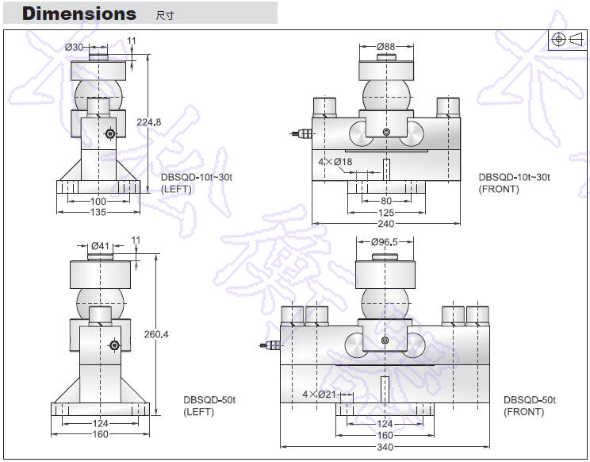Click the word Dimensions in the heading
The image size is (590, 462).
79,13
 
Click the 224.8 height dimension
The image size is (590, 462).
149,121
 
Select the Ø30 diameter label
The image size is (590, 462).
74,48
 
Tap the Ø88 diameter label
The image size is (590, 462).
385,47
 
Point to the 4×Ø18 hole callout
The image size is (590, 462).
335,162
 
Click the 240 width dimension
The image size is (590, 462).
385,223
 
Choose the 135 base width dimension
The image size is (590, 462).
98,212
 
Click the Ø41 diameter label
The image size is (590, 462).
100,245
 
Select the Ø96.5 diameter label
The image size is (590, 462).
385,241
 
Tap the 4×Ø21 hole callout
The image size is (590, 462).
320,395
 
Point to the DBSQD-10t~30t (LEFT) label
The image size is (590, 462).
196,183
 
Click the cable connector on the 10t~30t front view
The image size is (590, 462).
302,134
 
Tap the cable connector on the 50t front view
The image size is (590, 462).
270,345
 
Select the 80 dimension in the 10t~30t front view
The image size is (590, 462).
385,202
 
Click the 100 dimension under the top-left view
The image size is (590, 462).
98,202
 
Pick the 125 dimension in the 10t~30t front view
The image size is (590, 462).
385,212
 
